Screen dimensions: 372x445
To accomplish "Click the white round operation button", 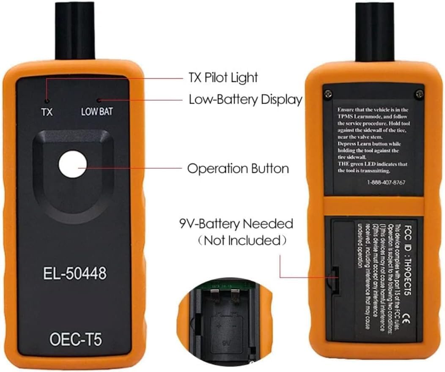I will coord(73,165).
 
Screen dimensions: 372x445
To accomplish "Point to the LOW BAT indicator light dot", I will coord(98,101).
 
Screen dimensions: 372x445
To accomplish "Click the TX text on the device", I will coord(47,112).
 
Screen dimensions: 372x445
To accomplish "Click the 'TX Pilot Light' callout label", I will coord(222,78).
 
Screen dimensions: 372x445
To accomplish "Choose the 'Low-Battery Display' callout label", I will coord(245,100).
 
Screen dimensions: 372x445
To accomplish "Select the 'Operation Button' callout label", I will coord(238,169).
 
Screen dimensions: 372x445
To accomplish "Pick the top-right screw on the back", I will coord(418,93).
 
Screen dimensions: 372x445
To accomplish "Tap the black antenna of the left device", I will coord(75,30).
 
